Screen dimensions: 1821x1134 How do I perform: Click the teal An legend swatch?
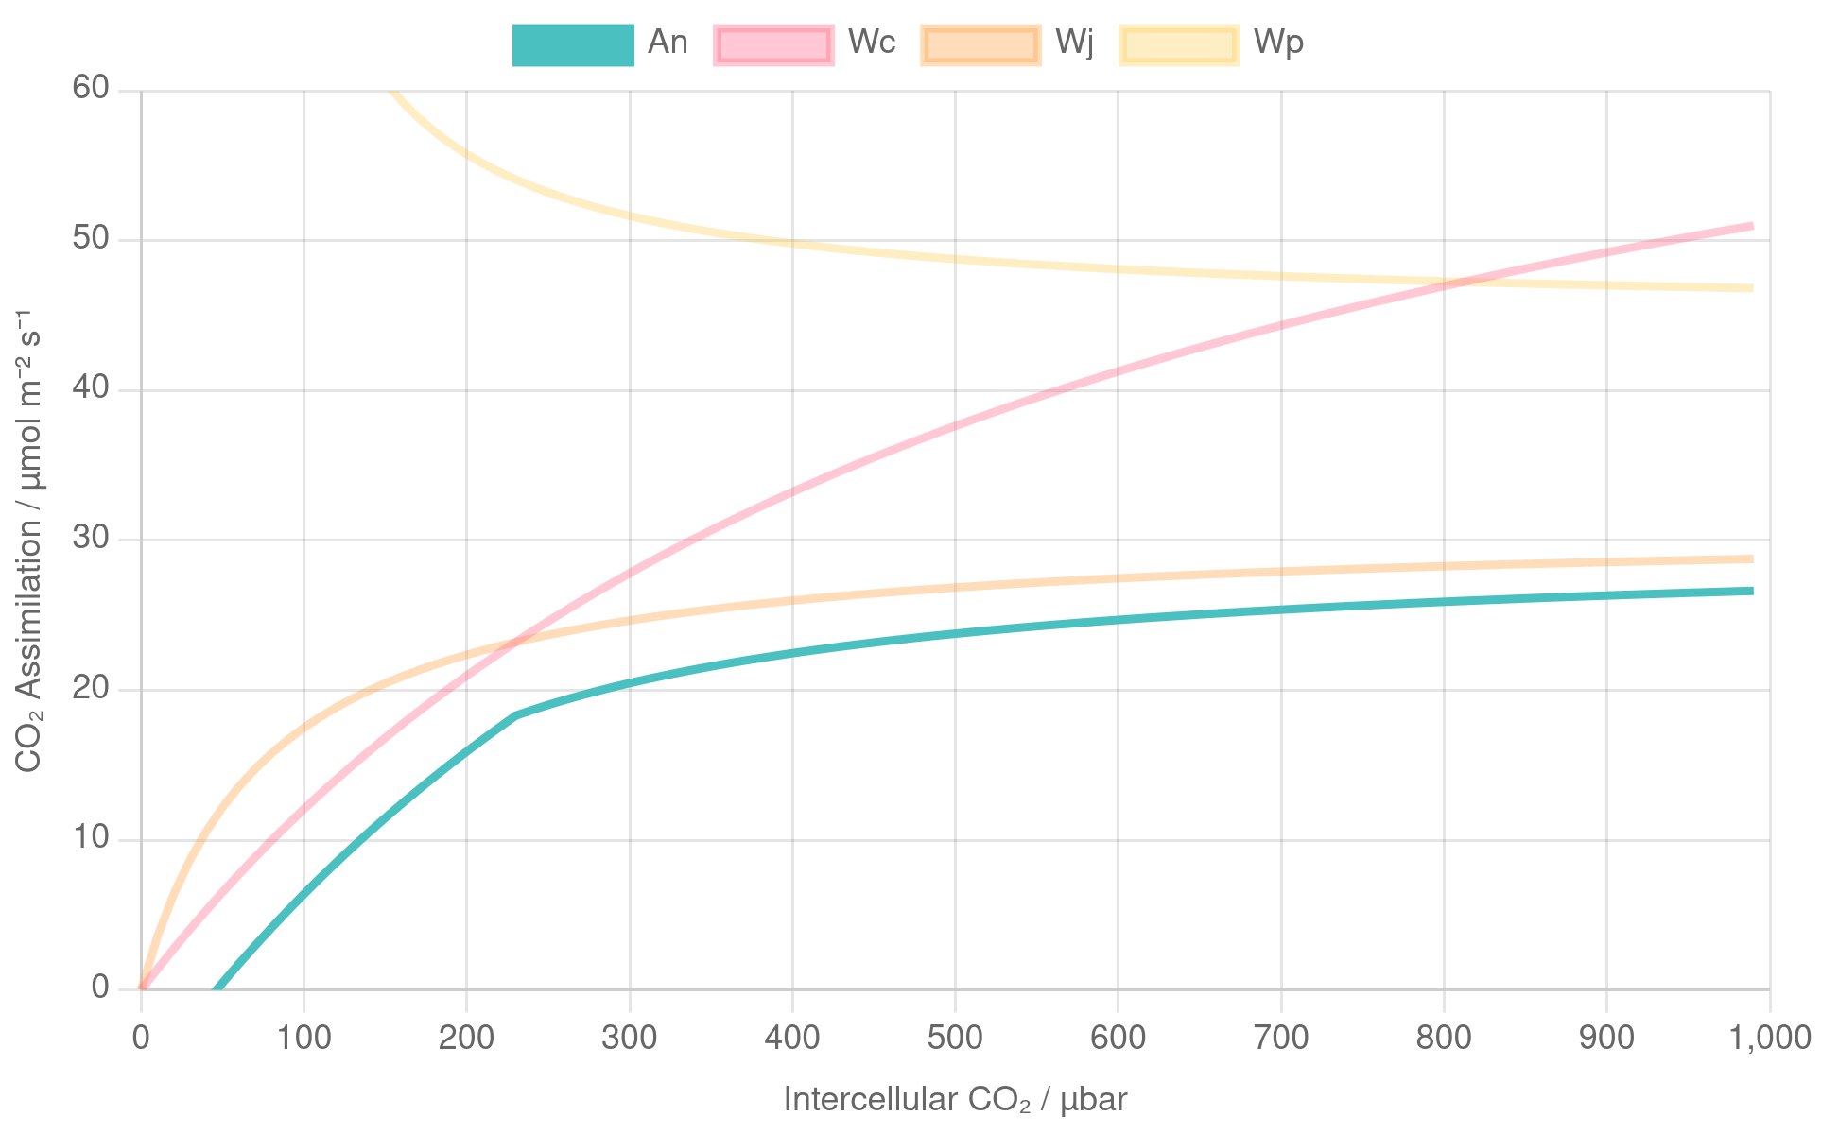coord(573,44)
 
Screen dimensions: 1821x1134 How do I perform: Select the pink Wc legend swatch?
coord(773,44)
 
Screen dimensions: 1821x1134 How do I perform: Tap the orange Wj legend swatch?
coord(980,44)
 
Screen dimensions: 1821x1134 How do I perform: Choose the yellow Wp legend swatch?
coord(1179,44)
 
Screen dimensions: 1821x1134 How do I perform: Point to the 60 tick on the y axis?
coord(91,89)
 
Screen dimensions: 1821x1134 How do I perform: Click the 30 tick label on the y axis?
coord(91,539)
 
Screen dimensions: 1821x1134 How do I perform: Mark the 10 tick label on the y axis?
coord(91,838)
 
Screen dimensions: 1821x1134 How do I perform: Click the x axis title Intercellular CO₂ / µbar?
coord(955,1099)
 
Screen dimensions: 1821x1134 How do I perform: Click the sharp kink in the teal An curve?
coord(516,715)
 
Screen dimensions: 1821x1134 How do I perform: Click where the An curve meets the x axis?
coord(216,988)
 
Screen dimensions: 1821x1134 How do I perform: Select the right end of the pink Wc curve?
coord(1753,226)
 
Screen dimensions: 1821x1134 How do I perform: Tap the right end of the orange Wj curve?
coord(1753,558)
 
